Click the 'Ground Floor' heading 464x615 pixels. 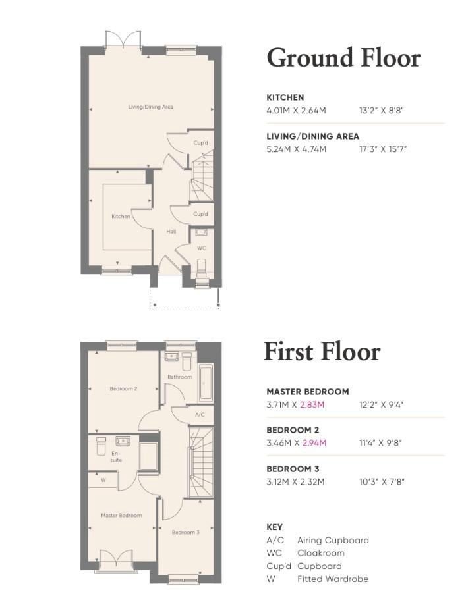tap(343, 58)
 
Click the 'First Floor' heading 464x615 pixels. tap(322, 351)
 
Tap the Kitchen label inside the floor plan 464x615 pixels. tap(121, 216)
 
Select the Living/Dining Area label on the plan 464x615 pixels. tap(150, 107)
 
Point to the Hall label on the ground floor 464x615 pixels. tap(170, 232)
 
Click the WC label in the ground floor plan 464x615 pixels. tap(202, 248)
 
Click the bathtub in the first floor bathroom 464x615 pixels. tap(204, 383)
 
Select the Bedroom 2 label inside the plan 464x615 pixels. tap(123, 388)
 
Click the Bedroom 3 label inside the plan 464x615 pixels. tap(185, 532)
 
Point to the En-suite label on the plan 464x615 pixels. tap(116, 456)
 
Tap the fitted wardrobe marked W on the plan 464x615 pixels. tap(103, 481)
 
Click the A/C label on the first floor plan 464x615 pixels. tap(200, 415)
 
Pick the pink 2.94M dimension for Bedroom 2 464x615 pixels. tap(314, 443)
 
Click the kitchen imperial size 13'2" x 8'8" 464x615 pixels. tap(381, 110)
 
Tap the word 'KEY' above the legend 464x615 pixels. tap(274, 527)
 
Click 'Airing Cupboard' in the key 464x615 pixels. tap(333, 541)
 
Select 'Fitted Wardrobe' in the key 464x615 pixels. tap(332, 579)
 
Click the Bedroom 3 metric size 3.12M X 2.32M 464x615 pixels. tap(295, 482)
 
